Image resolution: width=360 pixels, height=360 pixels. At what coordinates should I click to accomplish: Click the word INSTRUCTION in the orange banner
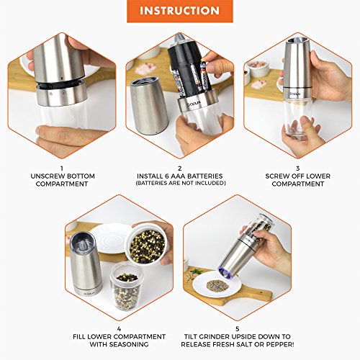(179, 12)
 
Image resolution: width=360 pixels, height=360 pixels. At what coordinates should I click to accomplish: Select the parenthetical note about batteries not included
(180, 184)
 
